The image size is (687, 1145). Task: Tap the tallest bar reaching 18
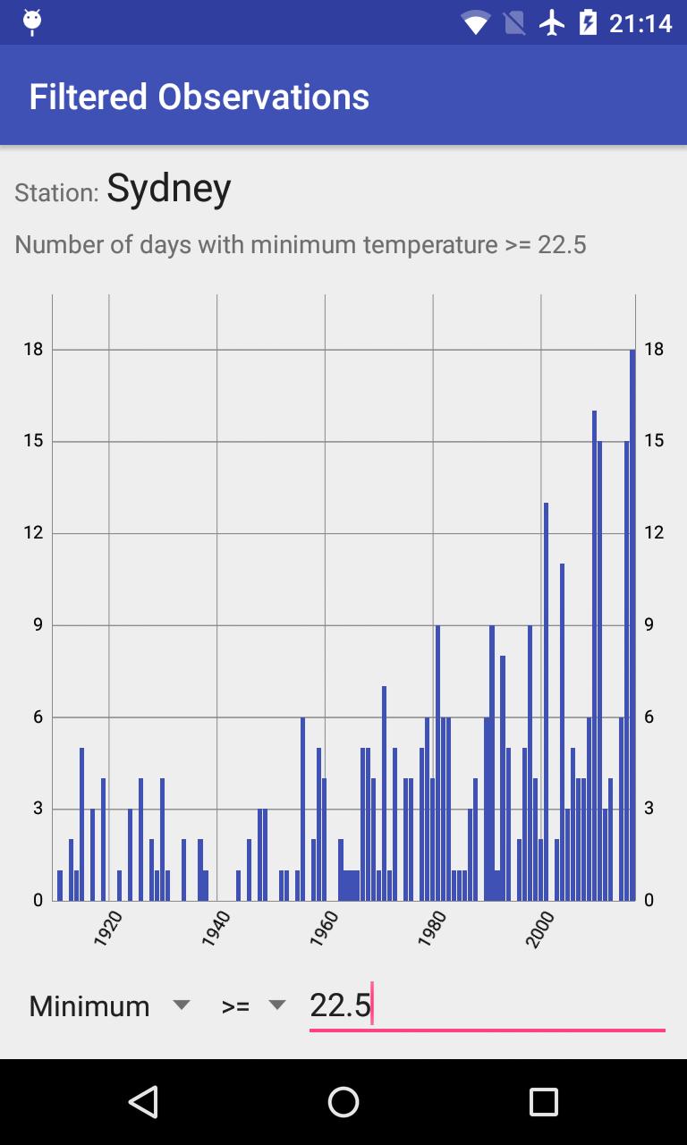(632, 626)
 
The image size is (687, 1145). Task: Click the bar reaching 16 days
(594, 657)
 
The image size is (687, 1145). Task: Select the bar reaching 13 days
(546, 702)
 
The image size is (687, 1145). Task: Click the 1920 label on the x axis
(108, 929)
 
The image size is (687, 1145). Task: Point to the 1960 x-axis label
(324, 929)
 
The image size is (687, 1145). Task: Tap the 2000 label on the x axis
(539, 929)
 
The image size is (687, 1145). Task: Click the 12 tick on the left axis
(33, 533)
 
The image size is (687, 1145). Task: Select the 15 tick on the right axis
(654, 441)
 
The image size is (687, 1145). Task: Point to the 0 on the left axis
(38, 900)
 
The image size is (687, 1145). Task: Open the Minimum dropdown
(109, 1005)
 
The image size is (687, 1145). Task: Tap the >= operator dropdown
(253, 1005)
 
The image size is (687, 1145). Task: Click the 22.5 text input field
(486, 1005)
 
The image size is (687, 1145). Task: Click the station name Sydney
(169, 188)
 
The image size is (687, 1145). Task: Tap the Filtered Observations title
(199, 97)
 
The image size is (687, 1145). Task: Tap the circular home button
(343, 1102)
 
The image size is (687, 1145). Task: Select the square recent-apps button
(543, 1102)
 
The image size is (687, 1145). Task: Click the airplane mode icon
(553, 22)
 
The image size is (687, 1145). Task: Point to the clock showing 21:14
(640, 23)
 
